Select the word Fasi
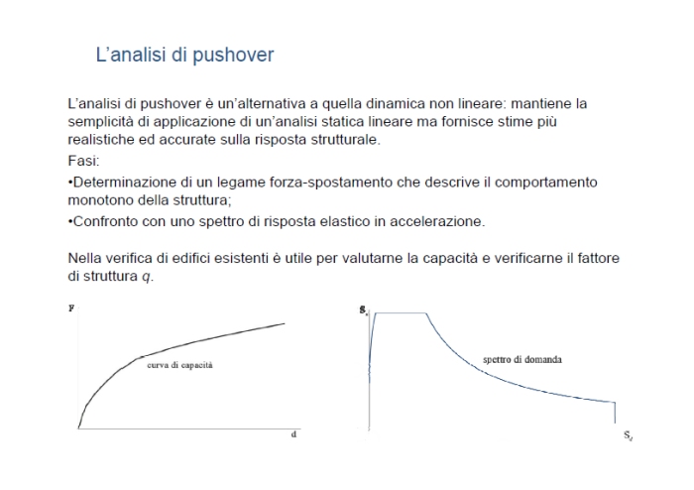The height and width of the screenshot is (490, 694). pyautogui.click(x=83, y=160)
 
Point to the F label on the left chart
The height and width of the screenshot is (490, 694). pyautogui.click(x=71, y=308)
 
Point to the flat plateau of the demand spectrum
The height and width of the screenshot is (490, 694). pyautogui.click(x=400, y=313)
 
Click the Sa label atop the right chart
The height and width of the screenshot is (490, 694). pyautogui.click(x=364, y=309)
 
